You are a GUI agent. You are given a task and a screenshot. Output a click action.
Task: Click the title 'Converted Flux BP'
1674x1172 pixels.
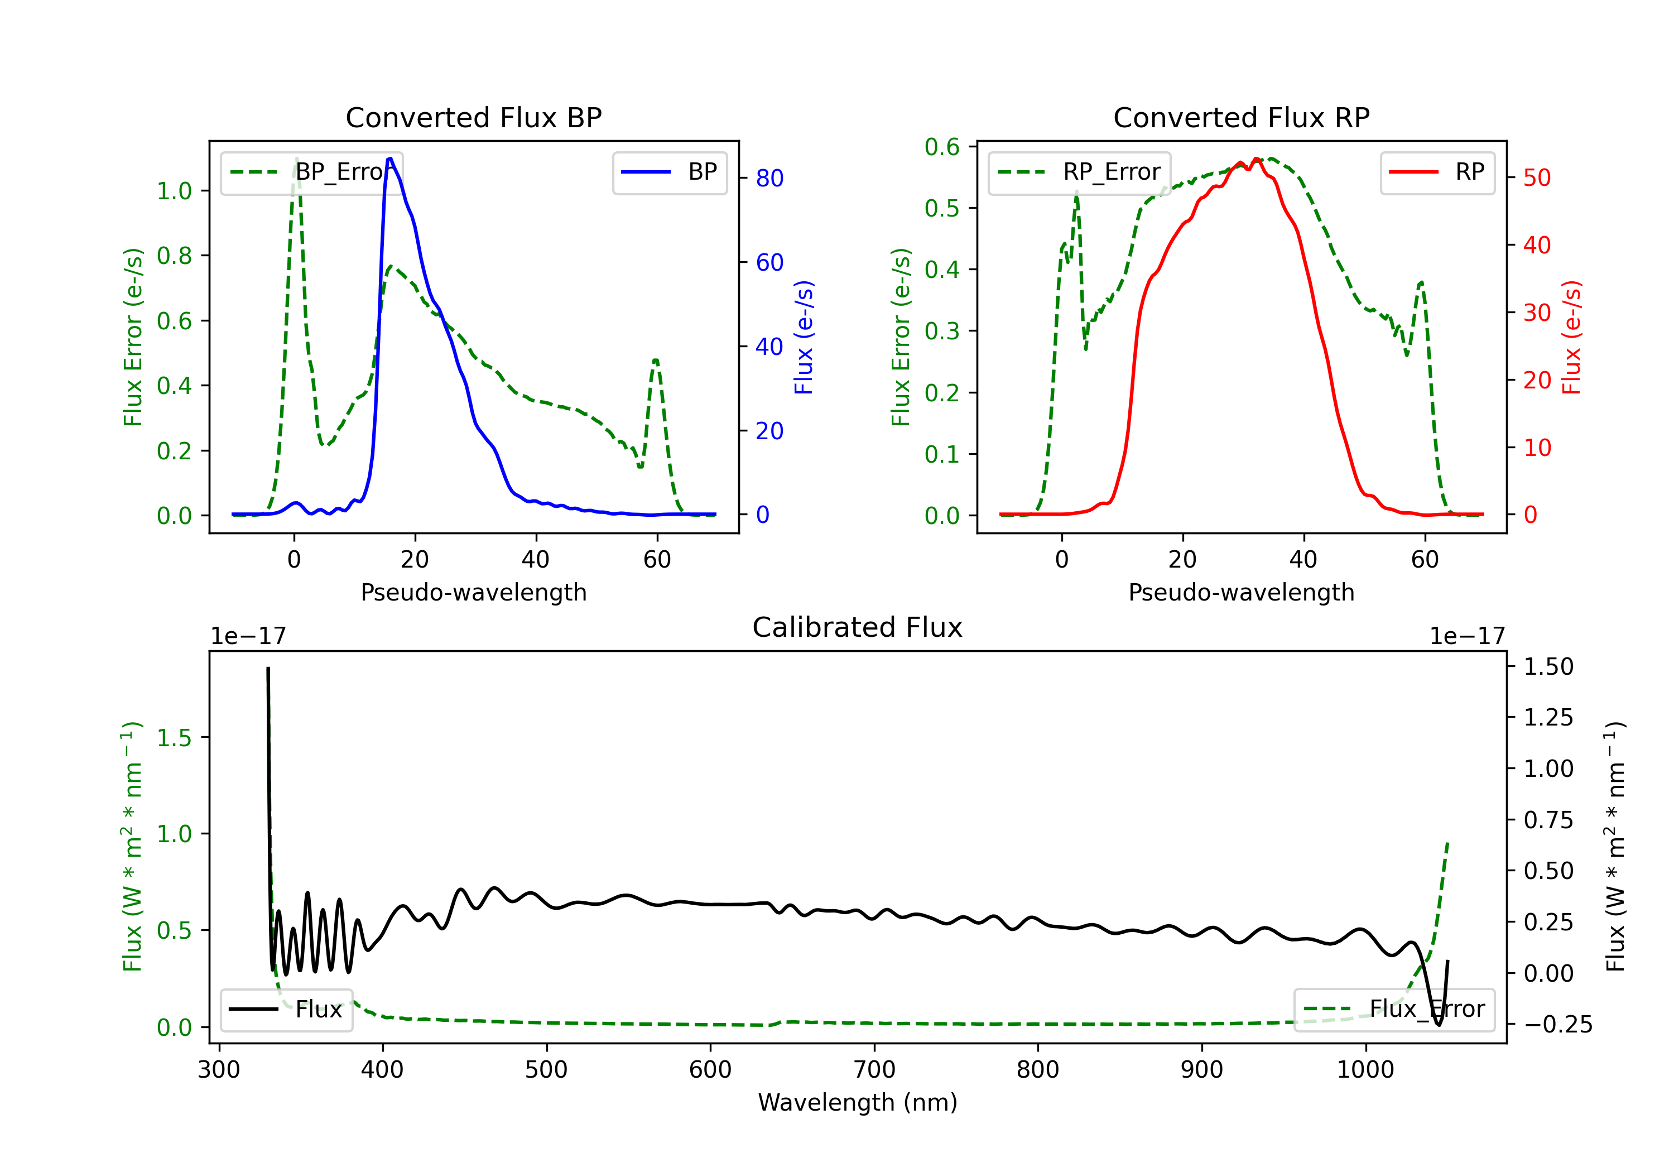(x=473, y=117)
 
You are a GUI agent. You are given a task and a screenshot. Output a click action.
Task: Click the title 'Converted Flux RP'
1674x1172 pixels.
(x=1241, y=117)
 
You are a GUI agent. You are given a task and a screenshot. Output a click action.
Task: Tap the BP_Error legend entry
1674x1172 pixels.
(x=312, y=172)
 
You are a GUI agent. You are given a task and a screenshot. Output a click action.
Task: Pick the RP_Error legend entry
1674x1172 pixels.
(x=1080, y=172)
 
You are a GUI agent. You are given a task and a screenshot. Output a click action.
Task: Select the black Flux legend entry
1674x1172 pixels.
(x=287, y=1010)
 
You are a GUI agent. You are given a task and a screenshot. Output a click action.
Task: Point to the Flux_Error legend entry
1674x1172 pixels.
(x=1394, y=1010)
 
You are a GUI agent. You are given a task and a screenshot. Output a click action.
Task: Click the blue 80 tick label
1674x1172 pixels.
(x=769, y=178)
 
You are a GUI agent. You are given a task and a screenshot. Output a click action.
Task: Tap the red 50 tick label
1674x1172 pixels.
(x=1537, y=178)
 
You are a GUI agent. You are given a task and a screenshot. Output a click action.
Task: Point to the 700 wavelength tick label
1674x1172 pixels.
(x=874, y=1070)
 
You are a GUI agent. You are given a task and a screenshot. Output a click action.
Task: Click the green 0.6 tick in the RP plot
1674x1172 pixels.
(x=942, y=147)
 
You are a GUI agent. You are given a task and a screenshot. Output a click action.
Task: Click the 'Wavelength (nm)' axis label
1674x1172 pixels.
(x=858, y=1102)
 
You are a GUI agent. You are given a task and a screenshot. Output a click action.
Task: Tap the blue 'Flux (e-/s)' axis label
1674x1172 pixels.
(x=804, y=338)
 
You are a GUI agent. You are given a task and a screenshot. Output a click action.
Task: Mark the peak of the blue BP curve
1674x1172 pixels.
(x=390, y=158)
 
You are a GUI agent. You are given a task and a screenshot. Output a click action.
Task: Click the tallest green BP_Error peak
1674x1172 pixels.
(x=296, y=158)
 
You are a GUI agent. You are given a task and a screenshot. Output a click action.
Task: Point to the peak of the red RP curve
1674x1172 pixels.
(x=1256, y=159)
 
